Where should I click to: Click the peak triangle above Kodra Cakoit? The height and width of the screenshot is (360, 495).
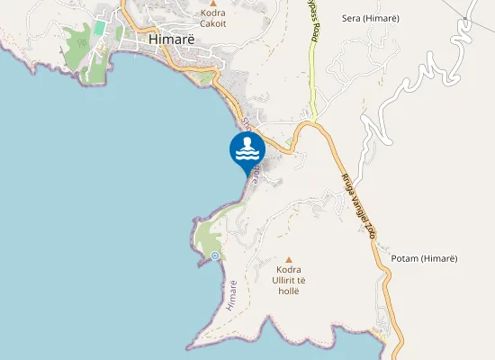(x=213, y=4)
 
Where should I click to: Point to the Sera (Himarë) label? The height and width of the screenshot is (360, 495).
(x=371, y=18)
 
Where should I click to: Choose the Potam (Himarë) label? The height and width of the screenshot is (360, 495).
(x=425, y=259)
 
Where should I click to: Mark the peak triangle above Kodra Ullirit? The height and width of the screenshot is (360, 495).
(x=289, y=259)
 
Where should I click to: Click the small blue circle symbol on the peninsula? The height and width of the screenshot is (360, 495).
(x=215, y=256)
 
